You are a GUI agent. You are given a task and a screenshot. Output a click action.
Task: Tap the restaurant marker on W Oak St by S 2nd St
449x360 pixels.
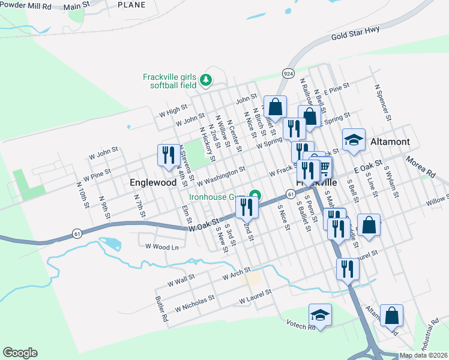pyautogui.click(x=247, y=207)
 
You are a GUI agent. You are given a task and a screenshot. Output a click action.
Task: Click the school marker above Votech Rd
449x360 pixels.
pyautogui.click(x=320, y=314)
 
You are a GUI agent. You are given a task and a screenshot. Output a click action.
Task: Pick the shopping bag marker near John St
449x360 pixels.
pyautogui.click(x=275, y=107)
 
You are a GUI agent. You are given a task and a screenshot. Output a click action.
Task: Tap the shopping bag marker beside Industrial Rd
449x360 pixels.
pyautogui.click(x=391, y=315)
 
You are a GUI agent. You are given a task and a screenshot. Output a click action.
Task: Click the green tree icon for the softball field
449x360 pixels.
pyautogui.click(x=206, y=79)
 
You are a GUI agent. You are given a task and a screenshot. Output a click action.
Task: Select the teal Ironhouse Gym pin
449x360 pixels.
pyautogui.click(x=256, y=196)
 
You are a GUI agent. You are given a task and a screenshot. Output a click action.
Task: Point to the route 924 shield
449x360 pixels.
pyautogui.click(x=288, y=73)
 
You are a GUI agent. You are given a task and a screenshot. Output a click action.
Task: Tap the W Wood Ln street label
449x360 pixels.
pyautogui.click(x=158, y=247)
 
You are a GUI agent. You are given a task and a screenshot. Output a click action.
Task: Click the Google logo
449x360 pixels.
pyautogui.click(x=20, y=352)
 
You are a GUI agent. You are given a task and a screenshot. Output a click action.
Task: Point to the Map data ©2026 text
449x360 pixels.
pyautogui.click(x=423, y=355)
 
